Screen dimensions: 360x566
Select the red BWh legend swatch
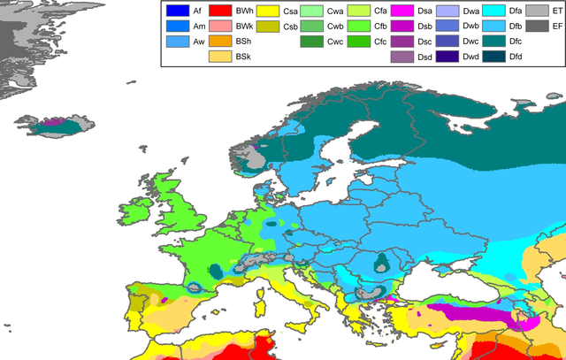(x=221, y=11)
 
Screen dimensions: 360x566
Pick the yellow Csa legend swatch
(x=268, y=11)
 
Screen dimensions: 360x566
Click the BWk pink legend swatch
(x=221, y=27)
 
